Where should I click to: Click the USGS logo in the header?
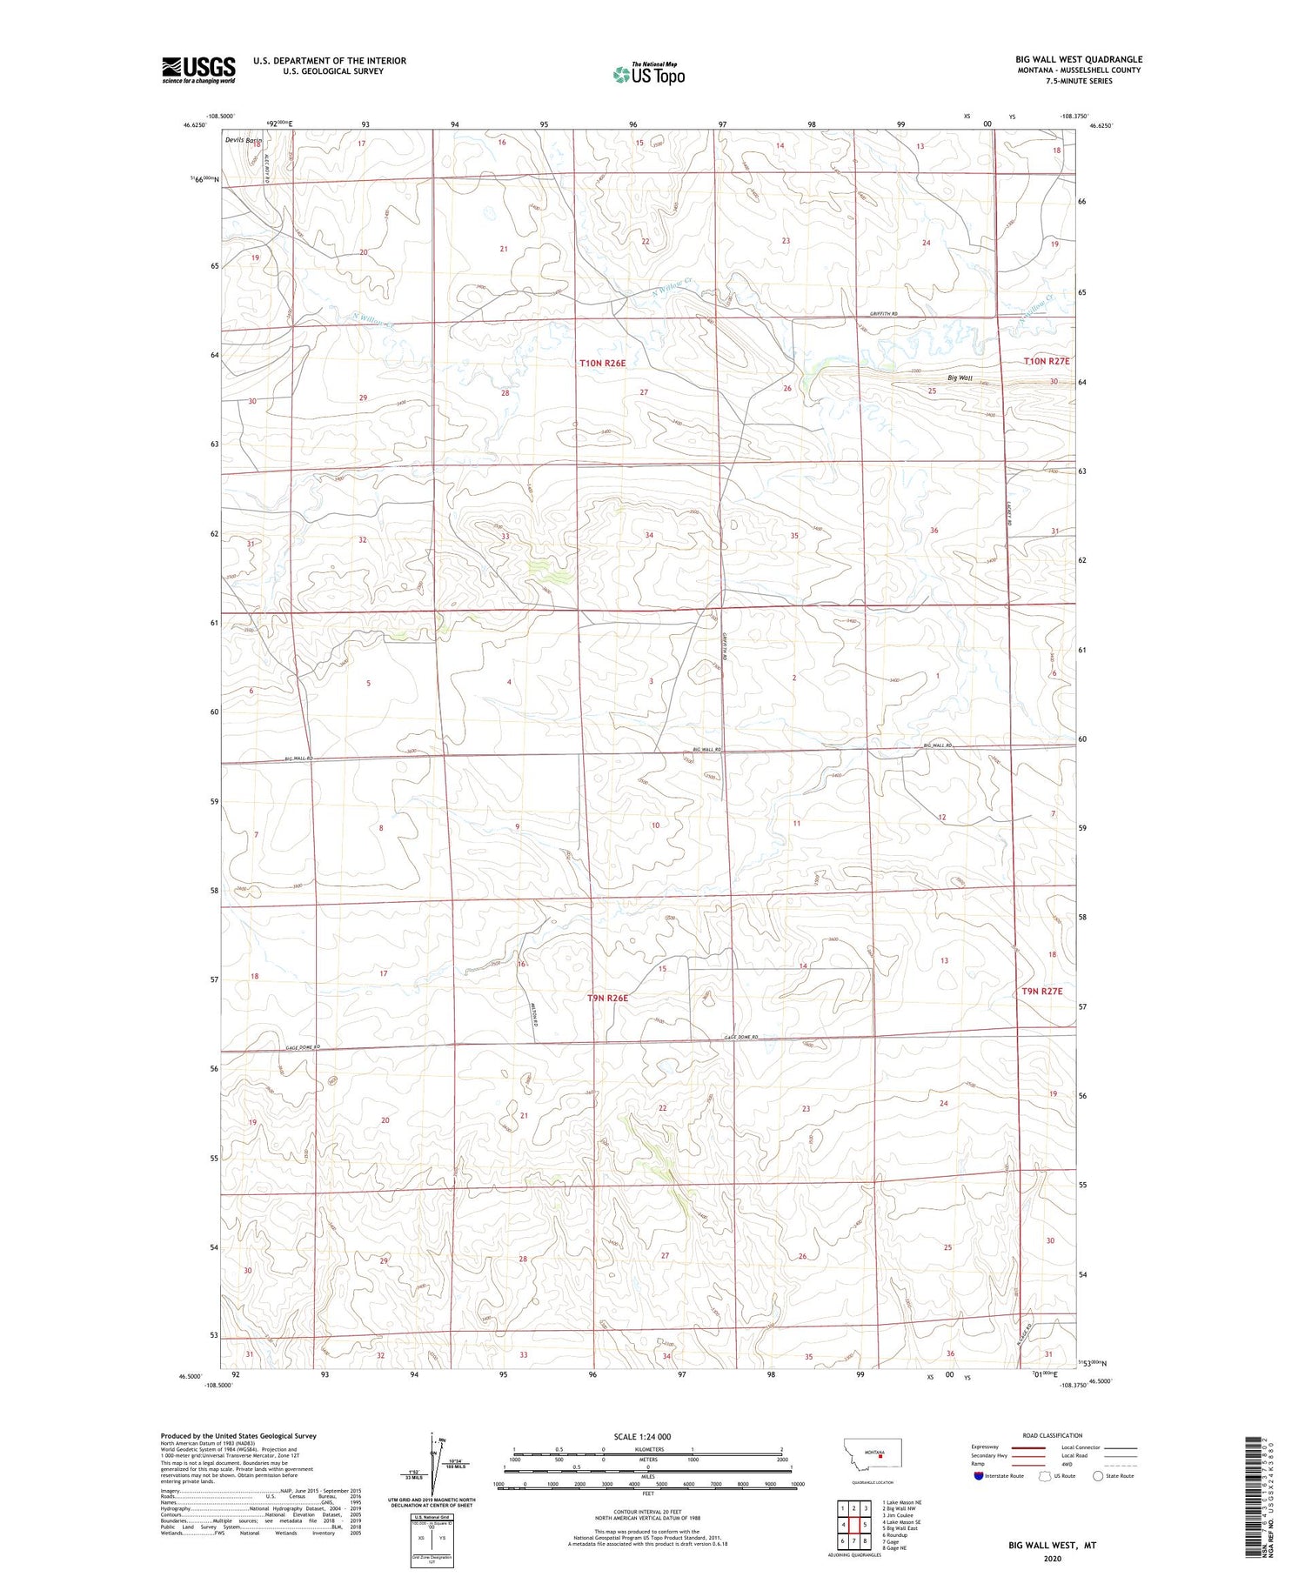coord(198,70)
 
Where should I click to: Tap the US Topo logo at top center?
coord(648,74)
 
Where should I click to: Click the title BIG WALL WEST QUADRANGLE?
coord(1079,59)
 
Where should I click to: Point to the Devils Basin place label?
coord(243,140)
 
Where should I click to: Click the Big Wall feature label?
coord(960,378)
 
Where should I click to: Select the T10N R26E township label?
coord(603,363)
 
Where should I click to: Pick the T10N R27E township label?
coord(1047,360)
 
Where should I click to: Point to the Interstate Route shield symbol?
coord(979,1476)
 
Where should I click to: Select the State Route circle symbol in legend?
coord(1098,1476)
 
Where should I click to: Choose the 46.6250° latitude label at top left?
coord(196,125)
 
